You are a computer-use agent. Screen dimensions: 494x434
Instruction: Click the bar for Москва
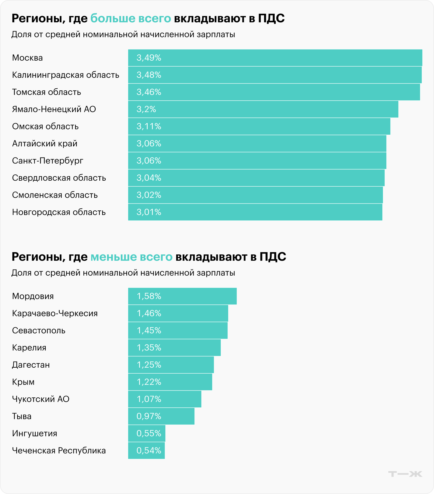275,58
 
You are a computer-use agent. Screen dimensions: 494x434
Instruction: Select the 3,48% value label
149,75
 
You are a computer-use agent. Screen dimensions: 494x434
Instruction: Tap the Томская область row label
47,92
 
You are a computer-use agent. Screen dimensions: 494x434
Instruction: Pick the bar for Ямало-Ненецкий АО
263,109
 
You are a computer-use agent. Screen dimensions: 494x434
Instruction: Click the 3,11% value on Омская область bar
149,126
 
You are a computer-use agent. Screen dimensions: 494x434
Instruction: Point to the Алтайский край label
45,144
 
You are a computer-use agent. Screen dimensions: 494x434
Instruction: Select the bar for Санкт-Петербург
257,161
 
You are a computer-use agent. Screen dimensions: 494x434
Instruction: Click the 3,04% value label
149,178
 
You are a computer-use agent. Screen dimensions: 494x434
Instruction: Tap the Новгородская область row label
59,212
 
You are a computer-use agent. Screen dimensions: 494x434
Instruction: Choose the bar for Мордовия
182,296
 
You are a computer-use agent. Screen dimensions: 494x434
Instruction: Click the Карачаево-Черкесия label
55,313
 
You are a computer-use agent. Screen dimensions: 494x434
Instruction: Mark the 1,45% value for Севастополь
149,330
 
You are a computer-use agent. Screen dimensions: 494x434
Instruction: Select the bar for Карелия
174,348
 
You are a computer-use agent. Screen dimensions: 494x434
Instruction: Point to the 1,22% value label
149,382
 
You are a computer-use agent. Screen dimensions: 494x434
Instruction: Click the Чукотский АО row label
41,399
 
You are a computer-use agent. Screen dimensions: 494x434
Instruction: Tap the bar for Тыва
161,416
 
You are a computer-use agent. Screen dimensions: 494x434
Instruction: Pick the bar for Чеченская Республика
146,451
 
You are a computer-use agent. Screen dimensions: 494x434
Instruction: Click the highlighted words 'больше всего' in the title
131,18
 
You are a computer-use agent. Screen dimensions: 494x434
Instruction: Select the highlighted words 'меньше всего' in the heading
132,257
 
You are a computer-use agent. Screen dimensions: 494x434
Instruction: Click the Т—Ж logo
405,474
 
